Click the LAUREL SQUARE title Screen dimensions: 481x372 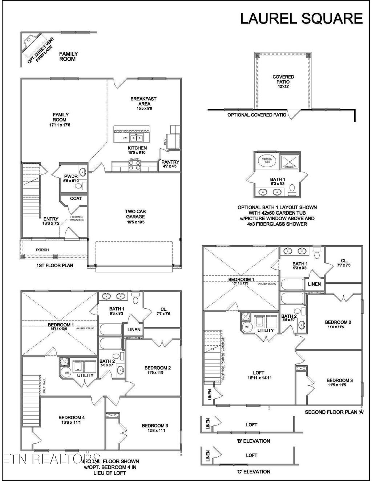(x=301, y=18)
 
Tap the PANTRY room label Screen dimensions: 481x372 (x=170, y=164)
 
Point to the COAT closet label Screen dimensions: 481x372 (x=76, y=198)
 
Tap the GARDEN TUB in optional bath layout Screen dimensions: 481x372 (x=267, y=160)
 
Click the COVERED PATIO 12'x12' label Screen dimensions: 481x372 (x=283, y=82)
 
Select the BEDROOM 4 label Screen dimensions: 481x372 (x=72, y=420)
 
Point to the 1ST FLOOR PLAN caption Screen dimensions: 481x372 (x=54, y=266)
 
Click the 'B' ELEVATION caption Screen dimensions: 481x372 (x=253, y=441)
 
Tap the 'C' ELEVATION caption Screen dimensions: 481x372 (x=253, y=472)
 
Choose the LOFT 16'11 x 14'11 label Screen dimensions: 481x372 (x=259, y=375)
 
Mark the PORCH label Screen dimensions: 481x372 (x=42, y=250)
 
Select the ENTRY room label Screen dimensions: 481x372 (x=51, y=221)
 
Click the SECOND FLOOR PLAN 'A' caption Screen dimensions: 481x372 (x=334, y=412)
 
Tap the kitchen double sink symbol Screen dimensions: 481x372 (x=137, y=138)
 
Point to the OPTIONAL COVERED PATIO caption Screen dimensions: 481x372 (x=256, y=115)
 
